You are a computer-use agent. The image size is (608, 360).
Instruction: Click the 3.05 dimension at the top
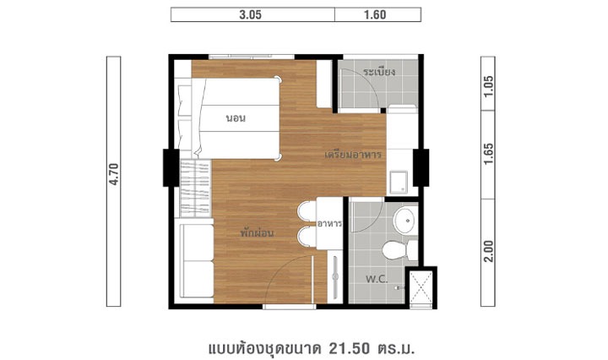tap(251, 14)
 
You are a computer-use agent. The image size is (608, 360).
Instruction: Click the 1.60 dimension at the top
tap(375, 14)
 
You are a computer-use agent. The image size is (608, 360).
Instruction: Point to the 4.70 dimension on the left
tap(114, 174)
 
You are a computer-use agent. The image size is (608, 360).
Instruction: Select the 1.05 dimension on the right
tap(488, 86)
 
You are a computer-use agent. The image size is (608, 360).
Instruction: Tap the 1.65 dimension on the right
tap(488, 154)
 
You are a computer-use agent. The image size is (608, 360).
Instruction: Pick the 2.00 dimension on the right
tap(488, 251)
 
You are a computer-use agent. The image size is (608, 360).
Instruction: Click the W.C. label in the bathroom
tap(377, 279)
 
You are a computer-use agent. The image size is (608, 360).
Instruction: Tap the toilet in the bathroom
tap(399, 250)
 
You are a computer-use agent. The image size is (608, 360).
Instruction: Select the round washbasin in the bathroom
tap(405, 221)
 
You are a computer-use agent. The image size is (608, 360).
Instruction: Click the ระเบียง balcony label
tap(379, 72)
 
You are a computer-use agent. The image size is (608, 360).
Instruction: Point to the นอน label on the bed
tap(236, 118)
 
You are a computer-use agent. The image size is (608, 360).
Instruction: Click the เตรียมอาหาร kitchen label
tap(353, 155)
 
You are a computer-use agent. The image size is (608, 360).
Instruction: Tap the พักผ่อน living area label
tap(257, 232)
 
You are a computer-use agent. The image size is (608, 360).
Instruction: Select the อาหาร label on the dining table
tap(329, 224)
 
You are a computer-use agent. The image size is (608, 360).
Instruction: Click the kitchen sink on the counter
tap(399, 182)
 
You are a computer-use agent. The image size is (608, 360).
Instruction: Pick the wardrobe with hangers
tap(195, 188)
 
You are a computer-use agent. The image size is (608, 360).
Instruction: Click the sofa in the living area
tap(196, 260)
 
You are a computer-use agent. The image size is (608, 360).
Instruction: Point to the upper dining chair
tap(307, 212)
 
